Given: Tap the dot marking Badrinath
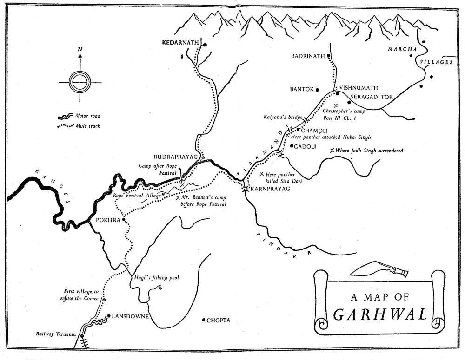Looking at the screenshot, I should (328, 56).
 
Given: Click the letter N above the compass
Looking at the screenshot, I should (80, 49).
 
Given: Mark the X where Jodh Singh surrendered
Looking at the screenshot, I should (332, 151).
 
